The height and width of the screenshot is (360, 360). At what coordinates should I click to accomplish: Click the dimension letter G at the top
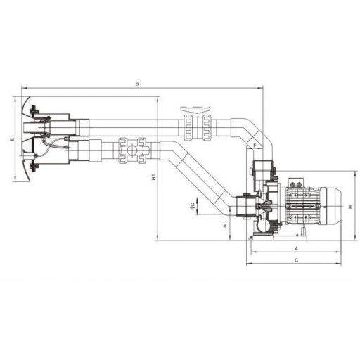(139, 84)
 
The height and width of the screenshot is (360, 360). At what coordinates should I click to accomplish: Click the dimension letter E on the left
(12, 140)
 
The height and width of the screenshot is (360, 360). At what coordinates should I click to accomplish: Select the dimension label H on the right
(349, 206)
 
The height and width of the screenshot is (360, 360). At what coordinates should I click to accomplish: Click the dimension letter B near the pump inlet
(224, 226)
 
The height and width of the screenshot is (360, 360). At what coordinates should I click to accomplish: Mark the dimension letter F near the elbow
(255, 146)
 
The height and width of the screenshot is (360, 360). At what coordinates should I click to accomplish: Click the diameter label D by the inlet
(192, 206)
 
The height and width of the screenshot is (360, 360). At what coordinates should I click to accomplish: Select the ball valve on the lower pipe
(133, 150)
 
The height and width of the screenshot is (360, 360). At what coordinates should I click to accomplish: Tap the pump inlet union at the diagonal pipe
(243, 207)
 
